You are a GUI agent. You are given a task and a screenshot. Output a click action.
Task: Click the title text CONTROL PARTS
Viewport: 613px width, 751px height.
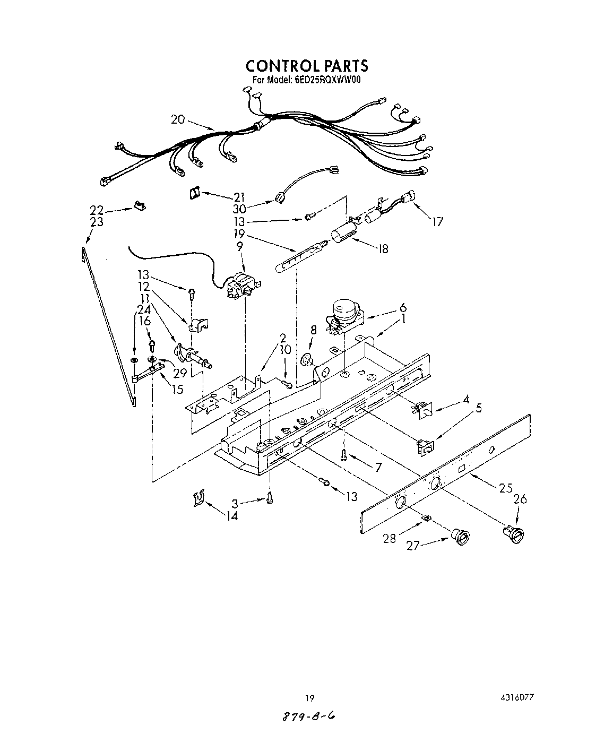tap(306, 66)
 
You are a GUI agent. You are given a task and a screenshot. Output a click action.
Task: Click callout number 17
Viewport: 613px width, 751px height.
tap(437, 222)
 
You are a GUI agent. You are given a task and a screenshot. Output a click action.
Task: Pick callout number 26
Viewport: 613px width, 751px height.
tap(521, 499)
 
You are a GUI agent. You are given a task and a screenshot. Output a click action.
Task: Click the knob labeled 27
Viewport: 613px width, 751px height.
tap(460, 537)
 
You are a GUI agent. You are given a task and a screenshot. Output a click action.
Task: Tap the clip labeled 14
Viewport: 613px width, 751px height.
tap(198, 499)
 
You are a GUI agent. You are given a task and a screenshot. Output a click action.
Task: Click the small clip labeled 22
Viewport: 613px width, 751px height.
tap(140, 205)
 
